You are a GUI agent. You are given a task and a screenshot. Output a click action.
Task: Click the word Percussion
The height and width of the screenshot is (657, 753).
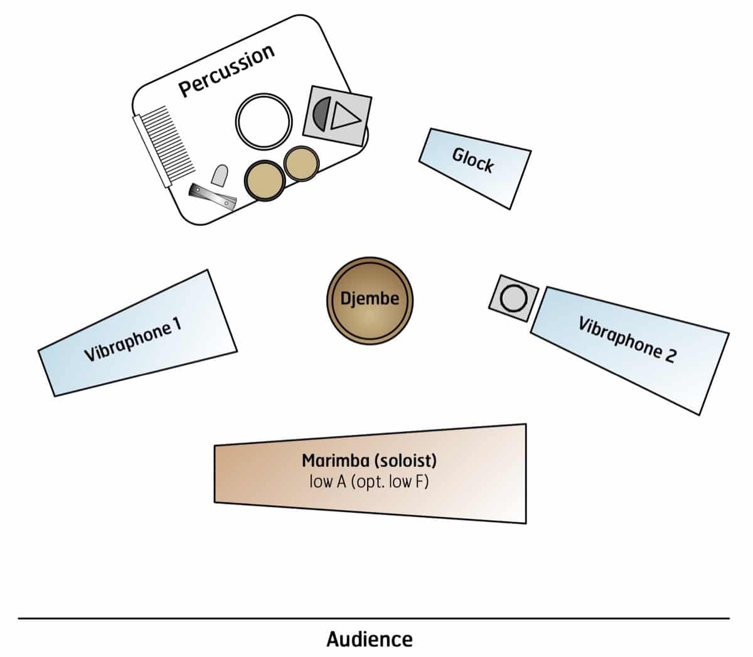[x=227, y=70]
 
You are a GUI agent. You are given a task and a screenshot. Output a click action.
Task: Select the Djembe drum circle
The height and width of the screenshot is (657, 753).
[x=370, y=300]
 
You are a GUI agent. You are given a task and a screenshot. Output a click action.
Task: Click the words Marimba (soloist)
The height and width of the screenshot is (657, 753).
[x=369, y=461]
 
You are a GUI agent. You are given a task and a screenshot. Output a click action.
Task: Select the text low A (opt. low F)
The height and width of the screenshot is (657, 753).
[x=369, y=482]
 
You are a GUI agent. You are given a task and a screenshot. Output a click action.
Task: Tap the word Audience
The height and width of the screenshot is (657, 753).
[x=370, y=639]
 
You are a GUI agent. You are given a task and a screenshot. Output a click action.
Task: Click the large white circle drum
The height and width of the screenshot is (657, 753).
[x=264, y=121]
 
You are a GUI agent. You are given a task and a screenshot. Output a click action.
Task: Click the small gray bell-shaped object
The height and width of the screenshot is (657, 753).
[x=220, y=175]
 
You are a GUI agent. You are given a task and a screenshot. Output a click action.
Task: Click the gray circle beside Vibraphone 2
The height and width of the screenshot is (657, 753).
[x=514, y=298]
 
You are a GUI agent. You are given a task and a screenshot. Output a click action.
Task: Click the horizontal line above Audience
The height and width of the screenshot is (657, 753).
[x=373, y=619]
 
